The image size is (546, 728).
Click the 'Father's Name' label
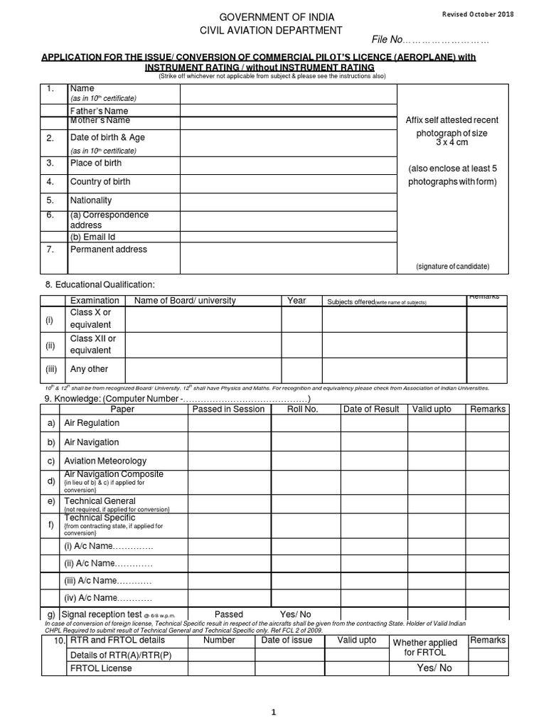pyautogui.click(x=99, y=111)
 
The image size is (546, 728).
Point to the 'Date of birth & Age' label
pyautogui.click(x=107, y=137)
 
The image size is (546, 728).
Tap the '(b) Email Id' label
pyautogui.click(x=92, y=237)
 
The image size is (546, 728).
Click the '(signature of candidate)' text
pyautogui.click(x=452, y=266)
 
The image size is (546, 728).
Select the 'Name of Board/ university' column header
pyautogui.click(x=185, y=301)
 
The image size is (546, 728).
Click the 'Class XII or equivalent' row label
pyautogui.click(x=92, y=345)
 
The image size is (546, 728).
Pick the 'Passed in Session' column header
pyautogui.click(x=228, y=409)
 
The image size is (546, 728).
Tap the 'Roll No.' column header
pyautogui.click(x=302, y=409)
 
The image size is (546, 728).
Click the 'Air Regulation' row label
pyautogui.click(x=92, y=423)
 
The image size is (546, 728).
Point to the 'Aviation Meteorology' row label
pyautogui.click(x=105, y=461)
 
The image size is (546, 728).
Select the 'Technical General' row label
pyautogui.click(x=100, y=501)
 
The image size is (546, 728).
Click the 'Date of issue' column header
pyautogui.click(x=287, y=640)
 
